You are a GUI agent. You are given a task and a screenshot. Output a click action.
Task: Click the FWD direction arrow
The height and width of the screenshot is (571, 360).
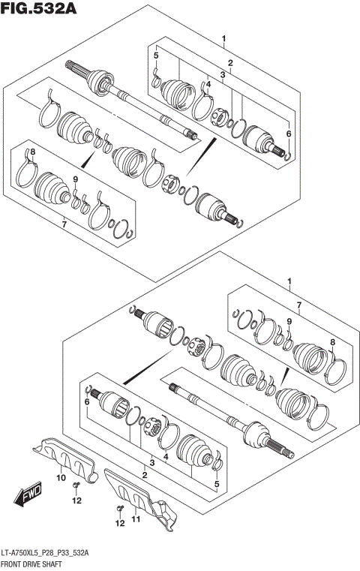coord(28,496)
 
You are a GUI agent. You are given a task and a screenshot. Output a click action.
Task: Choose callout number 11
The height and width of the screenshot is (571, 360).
coord(135,518)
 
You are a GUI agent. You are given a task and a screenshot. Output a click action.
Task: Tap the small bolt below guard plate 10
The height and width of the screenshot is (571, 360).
coord(76,487)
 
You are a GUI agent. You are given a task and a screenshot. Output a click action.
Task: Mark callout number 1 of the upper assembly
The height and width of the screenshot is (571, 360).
coord(223,38)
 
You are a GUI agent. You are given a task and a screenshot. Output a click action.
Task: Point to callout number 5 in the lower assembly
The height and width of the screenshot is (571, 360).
coord(217,484)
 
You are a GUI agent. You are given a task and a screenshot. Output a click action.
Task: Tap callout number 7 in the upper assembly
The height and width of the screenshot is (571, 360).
coord(64,224)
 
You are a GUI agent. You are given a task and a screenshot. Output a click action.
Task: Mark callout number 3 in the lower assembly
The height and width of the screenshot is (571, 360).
coord(152,463)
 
